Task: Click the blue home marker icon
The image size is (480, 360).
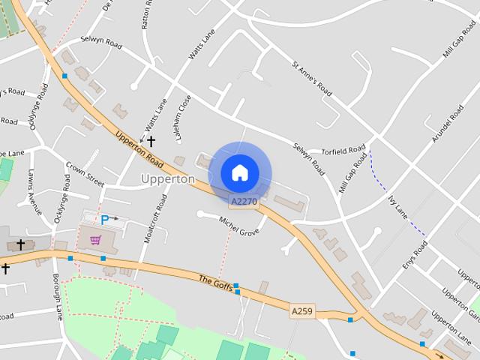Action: tap(239, 172)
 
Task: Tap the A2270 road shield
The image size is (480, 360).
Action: tap(244, 201)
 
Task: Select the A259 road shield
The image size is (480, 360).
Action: tap(301, 310)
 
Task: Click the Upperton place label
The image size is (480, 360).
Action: tap(168, 179)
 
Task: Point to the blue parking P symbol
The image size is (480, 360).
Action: tap(105, 220)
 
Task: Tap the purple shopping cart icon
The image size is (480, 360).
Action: tap(95, 240)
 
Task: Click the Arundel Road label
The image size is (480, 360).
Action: tap(448, 124)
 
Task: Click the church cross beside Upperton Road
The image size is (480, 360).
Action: tap(151, 140)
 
